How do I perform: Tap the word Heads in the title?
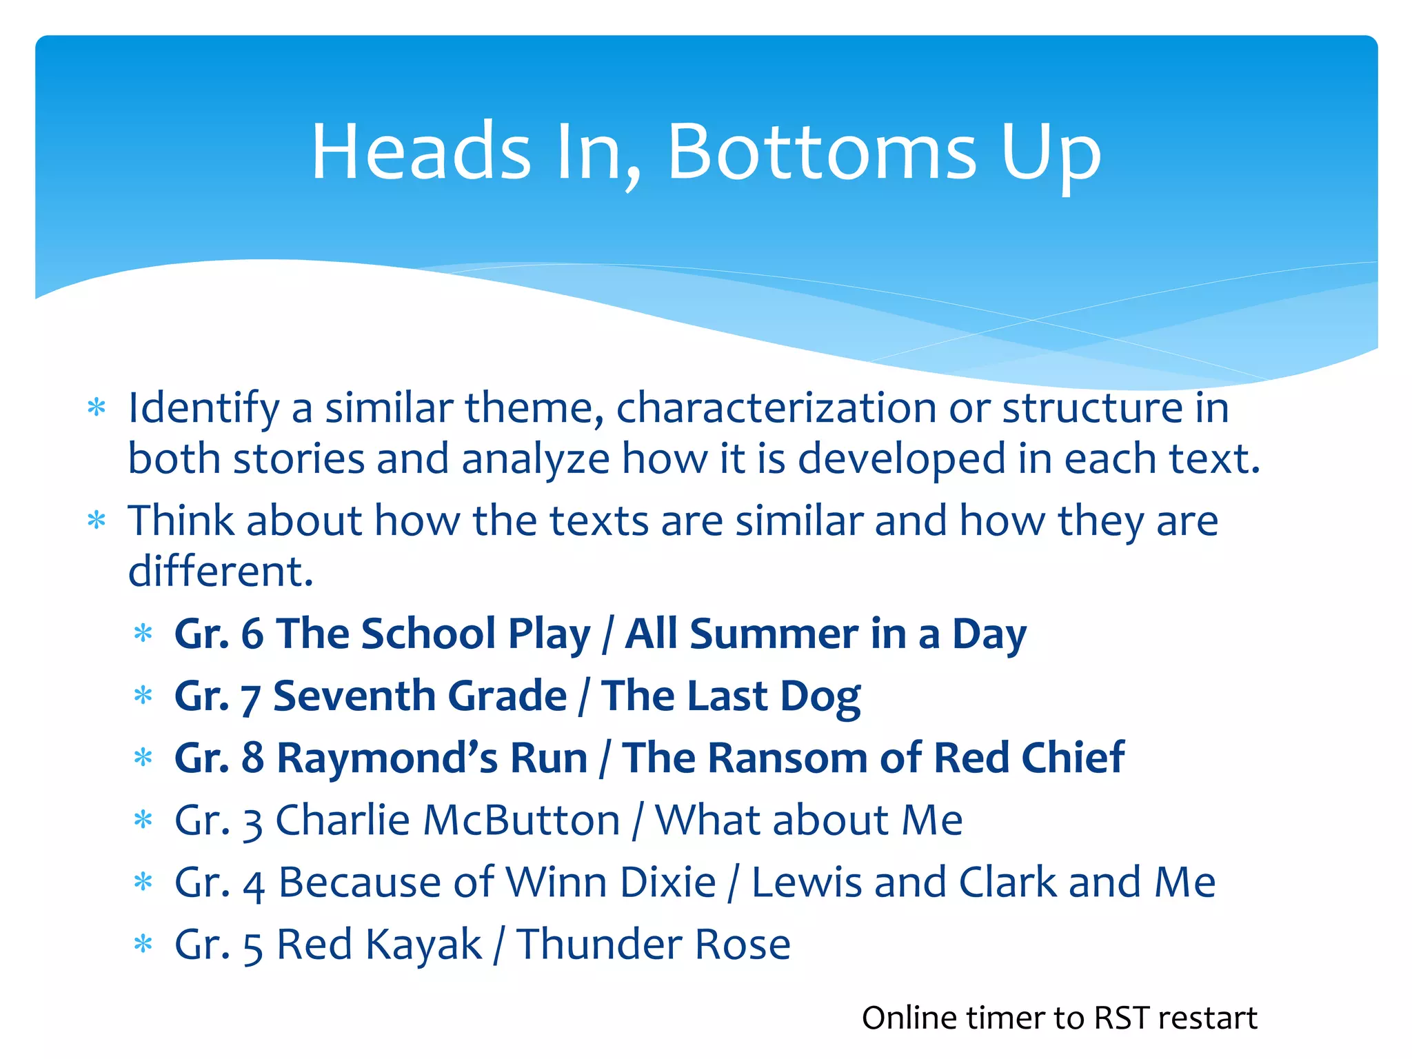point(421,152)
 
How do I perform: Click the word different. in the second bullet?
point(221,572)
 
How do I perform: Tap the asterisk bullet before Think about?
point(97,521)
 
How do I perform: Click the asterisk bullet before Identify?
point(97,408)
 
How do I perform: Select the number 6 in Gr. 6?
point(252,634)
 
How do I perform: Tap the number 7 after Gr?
point(250,698)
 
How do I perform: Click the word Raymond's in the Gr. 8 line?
point(387,758)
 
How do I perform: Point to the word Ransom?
point(787,758)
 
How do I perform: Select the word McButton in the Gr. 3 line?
point(521,820)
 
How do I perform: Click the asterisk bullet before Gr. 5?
point(143,944)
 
